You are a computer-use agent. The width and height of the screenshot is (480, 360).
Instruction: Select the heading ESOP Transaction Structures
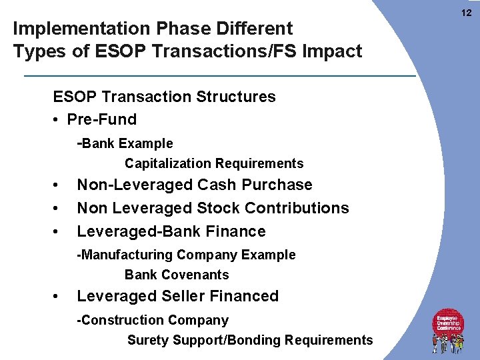pos(164,97)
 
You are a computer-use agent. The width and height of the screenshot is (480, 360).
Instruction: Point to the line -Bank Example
pos(125,143)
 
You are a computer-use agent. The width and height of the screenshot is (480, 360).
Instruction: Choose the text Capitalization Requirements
pos(213,163)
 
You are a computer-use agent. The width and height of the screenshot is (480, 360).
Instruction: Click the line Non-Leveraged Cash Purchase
pos(194,185)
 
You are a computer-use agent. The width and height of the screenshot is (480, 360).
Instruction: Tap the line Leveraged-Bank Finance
pos(171,231)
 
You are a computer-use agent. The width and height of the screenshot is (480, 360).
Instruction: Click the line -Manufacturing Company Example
pos(186,255)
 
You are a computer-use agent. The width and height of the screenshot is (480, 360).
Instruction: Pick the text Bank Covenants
pos(176,275)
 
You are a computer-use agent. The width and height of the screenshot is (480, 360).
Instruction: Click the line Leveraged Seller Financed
pos(177,296)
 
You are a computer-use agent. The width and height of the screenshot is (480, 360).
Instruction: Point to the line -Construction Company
pos(153,320)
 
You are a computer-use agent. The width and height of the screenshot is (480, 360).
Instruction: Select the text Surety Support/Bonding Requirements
pos(250,340)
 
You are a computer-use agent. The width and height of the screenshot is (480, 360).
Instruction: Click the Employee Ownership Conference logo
pos(448,330)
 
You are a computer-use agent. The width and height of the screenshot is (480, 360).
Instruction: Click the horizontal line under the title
pos(219,76)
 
